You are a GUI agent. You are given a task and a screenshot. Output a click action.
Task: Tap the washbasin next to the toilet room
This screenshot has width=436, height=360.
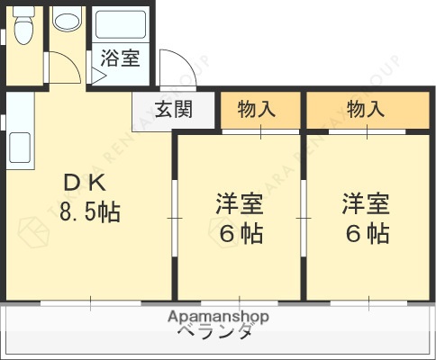pyautogui.click(x=66, y=20)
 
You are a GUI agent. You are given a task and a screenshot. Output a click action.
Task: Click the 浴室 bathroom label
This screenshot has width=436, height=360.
pyautogui.click(x=119, y=59)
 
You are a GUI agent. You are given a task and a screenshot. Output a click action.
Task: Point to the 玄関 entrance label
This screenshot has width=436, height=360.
pyautogui.click(x=173, y=110)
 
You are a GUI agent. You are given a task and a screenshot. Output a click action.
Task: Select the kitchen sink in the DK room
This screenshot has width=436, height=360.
pyautogui.click(x=20, y=145)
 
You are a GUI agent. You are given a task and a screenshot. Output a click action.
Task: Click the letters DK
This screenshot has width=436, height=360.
pyautogui.click(x=85, y=183)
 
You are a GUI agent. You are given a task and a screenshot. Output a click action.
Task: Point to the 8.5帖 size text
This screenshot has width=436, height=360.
pyautogui.click(x=89, y=213)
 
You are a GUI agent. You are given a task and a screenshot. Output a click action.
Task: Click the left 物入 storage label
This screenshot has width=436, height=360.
pyautogui.click(x=257, y=110)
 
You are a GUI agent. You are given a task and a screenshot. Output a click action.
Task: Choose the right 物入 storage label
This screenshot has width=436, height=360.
pyautogui.click(x=366, y=110)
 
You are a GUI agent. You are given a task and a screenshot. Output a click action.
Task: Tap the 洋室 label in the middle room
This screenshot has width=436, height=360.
pyautogui.click(x=239, y=202)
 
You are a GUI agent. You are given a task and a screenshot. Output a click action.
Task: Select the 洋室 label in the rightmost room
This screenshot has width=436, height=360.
pyautogui.click(x=366, y=202)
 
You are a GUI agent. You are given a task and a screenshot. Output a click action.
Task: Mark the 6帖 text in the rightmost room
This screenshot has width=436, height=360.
pyautogui.click(x=367, y=234)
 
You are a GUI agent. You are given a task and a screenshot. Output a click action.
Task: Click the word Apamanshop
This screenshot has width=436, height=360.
pyautogui.click(x=219, y=317)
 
